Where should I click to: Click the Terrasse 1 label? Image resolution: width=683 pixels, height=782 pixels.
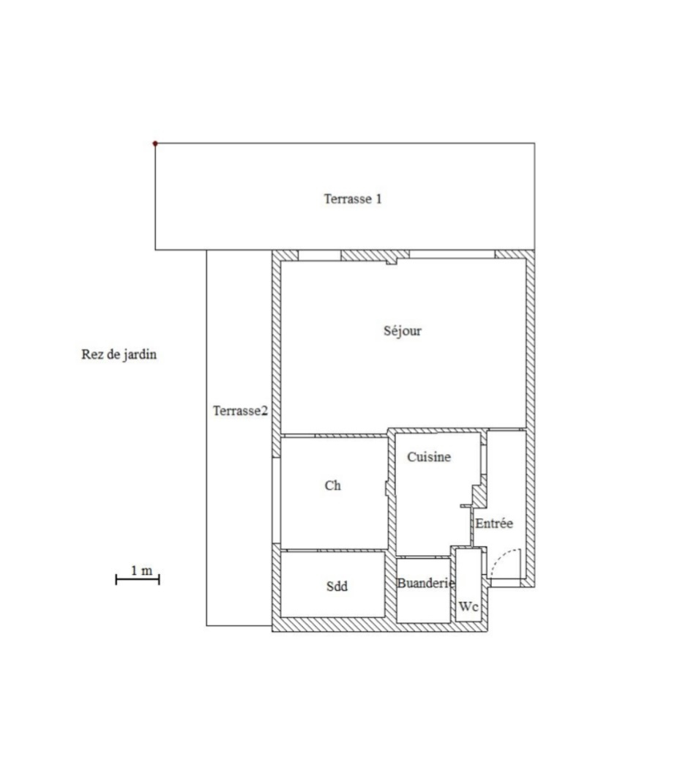point(352,199)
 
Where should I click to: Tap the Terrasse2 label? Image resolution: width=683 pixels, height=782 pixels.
point(240,411)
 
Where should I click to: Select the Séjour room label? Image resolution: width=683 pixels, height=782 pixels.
point(403,331)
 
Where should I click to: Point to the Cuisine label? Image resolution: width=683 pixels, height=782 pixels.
point(429,457)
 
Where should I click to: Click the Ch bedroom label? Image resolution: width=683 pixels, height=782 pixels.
point(332,485)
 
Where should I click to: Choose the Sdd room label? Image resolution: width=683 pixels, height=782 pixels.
point(337,586)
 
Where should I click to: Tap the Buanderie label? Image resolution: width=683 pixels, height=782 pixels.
point(425,583)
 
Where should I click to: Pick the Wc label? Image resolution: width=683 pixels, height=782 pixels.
point(468,606)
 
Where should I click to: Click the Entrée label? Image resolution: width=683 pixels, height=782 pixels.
point(493,523)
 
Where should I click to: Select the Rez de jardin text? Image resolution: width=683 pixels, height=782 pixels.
point(119,354)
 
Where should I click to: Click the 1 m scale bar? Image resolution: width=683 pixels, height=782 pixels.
point(138,579)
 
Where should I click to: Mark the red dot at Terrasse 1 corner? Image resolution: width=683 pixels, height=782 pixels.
point(155,144)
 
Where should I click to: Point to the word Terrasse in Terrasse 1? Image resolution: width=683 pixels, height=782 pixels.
point(348,199)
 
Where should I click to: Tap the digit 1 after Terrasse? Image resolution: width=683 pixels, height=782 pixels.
point(378,199)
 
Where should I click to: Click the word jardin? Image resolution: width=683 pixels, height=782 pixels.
point(140,354)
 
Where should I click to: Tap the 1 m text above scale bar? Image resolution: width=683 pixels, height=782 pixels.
point(141,570)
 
